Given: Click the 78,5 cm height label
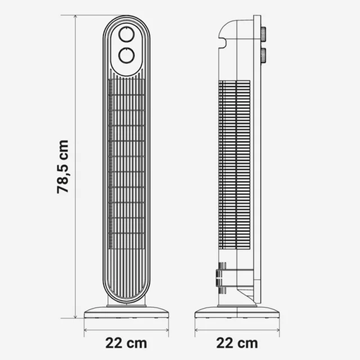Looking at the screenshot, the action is tap(63, 167).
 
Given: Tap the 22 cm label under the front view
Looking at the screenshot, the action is tap(126, 343).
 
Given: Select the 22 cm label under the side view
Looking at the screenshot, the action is tap(237, 343).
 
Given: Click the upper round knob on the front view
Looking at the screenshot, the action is tap(127, 34).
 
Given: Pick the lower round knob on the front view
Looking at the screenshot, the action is tap(127, 56).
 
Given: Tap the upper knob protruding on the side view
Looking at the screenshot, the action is tap(264, 34).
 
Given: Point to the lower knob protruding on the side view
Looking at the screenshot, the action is tap(264, 56).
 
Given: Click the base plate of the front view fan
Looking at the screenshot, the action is tap(127, 312).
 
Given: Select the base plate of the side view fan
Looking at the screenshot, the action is tap(237, 312).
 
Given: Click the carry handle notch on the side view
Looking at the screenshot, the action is tap(223, 43).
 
